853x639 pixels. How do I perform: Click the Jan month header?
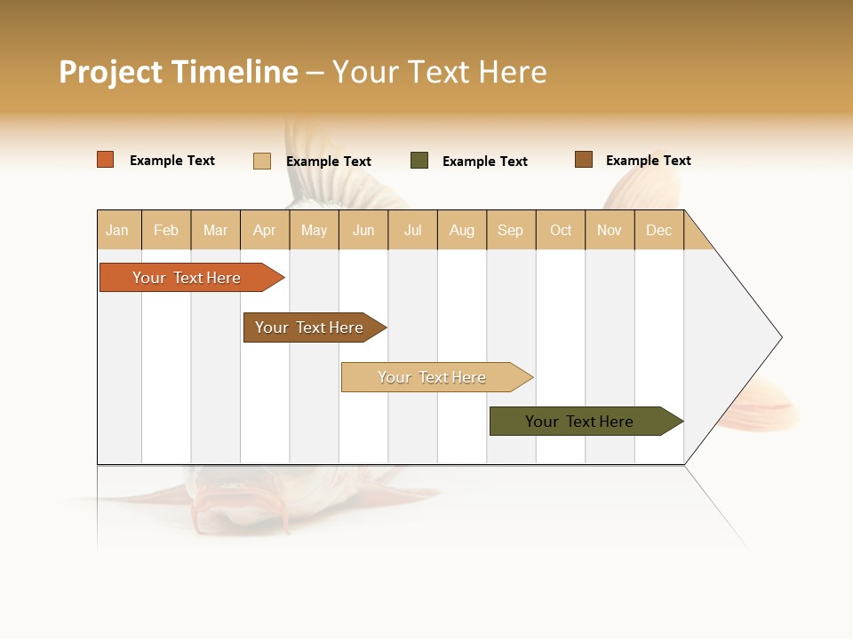coord(117,230)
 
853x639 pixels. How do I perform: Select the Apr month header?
coord(264,230)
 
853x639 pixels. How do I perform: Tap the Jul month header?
coord(412,230)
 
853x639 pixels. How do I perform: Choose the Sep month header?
coord(510,230)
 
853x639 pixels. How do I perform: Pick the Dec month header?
coord(658,230)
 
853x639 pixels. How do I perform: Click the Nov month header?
coord(609,230)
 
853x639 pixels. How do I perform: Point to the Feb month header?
coord(166,230)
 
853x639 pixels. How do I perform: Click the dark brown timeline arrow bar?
coord(311,327)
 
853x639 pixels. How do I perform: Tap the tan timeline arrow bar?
coord(434,377)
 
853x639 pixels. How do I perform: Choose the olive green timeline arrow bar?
coord(582,422)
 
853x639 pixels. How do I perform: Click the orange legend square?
coord(106,160)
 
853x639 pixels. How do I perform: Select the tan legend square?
coord(262,161)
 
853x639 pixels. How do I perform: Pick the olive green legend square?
coord(419,161)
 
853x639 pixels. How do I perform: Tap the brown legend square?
coord(584,160)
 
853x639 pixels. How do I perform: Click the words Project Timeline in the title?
coord(178,72)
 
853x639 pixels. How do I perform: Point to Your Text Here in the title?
coord(440,72)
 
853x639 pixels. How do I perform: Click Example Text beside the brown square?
coord(648,161)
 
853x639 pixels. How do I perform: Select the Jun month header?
coord(363,230)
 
